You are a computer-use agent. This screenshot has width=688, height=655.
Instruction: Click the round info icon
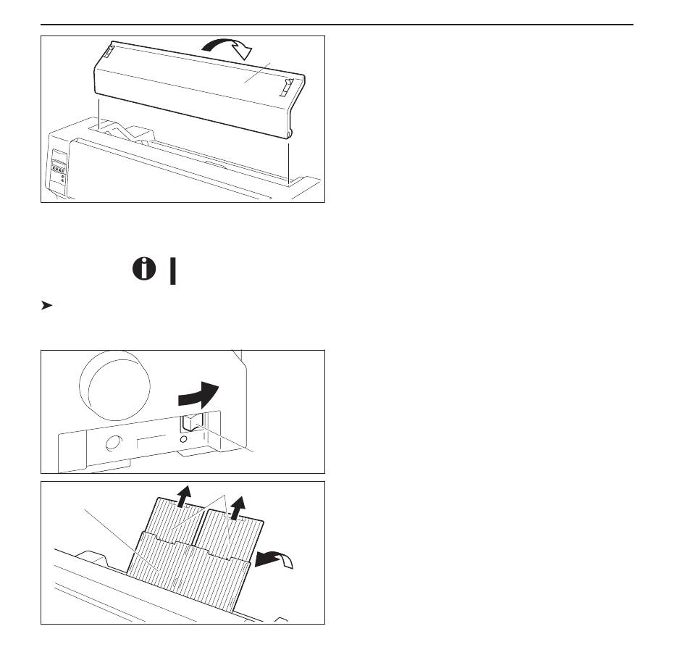(x=144, y=270)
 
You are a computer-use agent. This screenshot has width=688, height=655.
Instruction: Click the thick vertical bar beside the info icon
(x=172, y=271)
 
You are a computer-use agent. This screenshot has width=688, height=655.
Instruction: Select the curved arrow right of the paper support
(x=278, y=559)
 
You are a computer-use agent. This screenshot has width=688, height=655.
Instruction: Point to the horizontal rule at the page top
(x=337, y=25)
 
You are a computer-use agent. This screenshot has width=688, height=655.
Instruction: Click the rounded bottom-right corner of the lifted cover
(x=290, y=133)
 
